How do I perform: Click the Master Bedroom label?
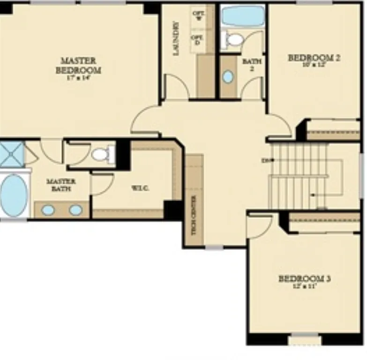click(79, 65)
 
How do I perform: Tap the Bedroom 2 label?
click(314, 58)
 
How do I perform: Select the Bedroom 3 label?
click(305, 279)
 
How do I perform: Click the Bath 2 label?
click(252, 65)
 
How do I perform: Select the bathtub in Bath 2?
click(243, 15)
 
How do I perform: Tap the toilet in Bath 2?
click(234, 39)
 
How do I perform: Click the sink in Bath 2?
click(228, 77)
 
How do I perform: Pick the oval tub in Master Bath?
click(13, 195)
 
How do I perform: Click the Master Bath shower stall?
click(11, 154)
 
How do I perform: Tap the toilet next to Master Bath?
click(104, 154)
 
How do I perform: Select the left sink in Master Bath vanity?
click(48, 210)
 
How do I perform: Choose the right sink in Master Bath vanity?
click(75, 210)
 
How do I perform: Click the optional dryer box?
click(197, 40)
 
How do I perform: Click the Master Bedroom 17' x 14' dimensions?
click(78, 78)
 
